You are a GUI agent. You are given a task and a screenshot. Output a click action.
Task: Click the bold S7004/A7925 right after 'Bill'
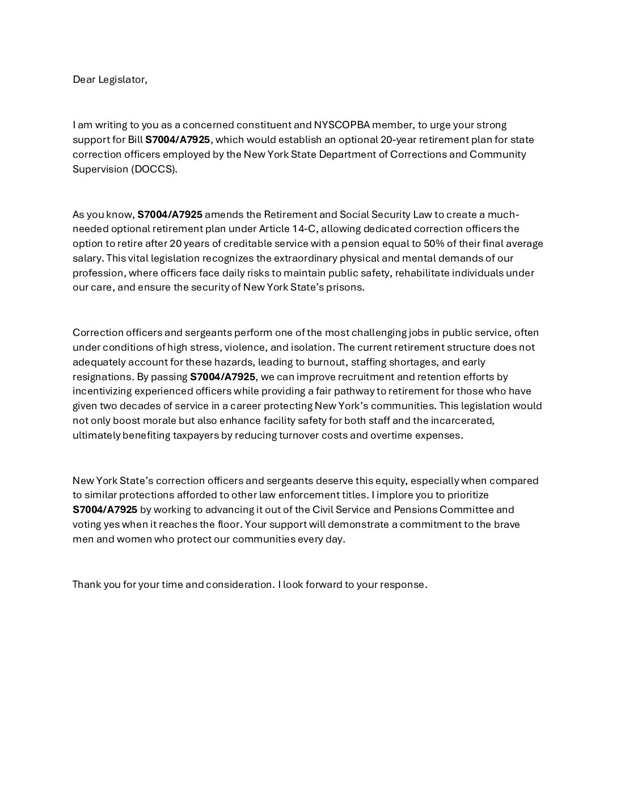(178, 140)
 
